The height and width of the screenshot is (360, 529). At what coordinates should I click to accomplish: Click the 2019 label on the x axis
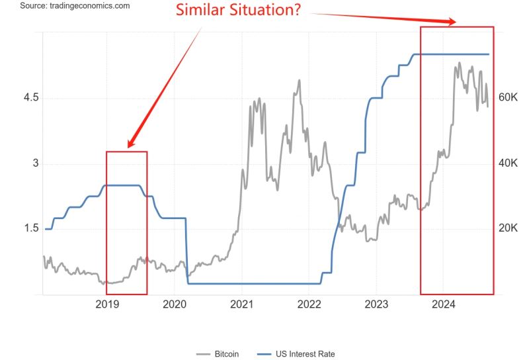tap(106, 304)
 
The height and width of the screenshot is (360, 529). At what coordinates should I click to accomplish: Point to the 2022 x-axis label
tap(309, 304)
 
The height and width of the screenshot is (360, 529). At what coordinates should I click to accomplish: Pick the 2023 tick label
tap(376, 304)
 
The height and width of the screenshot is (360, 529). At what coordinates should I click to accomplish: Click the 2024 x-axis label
tap(444, 304)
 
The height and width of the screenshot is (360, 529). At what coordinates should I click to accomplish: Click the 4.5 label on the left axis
tap(31, 98)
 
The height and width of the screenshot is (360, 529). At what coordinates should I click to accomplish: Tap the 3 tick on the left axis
tap(35, 163)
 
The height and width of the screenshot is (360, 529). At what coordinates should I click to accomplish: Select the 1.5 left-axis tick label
tap(31, 229)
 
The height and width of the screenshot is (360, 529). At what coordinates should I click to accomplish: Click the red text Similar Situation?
tap(238, 11)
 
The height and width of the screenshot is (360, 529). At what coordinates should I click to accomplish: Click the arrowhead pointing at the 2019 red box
tap(131, 144)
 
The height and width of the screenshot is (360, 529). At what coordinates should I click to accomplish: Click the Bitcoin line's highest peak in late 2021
tap(299, 81)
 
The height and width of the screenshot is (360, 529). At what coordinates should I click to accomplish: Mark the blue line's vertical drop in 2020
tap(186, 251)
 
